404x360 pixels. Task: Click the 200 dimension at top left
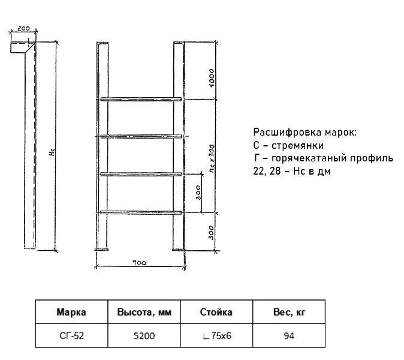24,28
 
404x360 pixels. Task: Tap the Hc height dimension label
52,152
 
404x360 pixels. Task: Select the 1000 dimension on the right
211,78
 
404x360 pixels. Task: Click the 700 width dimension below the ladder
140,263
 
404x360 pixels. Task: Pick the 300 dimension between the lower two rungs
198,193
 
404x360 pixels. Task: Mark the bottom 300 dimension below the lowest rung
211,233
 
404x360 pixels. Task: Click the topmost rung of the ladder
141,99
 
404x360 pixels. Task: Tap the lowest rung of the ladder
141,212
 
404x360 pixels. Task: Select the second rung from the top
141,136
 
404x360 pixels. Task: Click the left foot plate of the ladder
101,250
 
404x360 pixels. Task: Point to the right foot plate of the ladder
179,250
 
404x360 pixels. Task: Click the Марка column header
71,312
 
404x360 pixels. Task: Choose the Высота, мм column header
144,312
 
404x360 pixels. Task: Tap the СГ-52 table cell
71,336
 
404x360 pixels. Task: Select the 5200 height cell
144,336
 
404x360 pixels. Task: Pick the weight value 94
289,336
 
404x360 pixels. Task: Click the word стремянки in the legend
297,145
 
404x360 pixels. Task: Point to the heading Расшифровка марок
305,132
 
